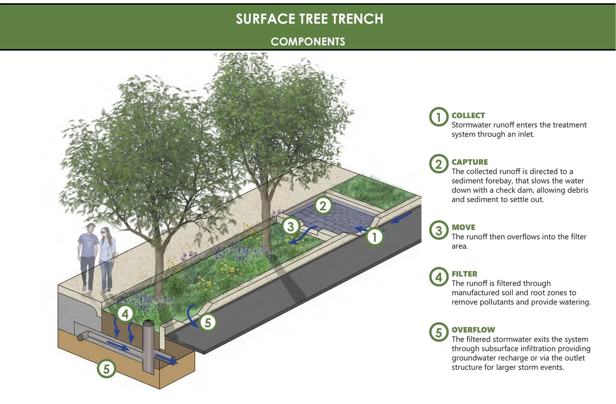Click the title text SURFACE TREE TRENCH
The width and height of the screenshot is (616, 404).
309,19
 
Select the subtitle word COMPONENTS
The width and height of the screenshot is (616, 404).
308,41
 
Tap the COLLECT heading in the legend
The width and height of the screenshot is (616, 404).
468,115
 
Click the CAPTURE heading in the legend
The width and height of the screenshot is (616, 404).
470,162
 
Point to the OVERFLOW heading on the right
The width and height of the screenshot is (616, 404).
473,330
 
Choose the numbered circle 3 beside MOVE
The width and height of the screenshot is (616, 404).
439,231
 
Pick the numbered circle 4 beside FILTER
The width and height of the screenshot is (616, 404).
439,277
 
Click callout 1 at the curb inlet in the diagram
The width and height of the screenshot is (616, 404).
374,236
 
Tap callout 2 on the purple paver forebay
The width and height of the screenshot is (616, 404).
323,205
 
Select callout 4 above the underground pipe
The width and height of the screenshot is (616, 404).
125,314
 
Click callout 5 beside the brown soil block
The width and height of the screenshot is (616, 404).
106,368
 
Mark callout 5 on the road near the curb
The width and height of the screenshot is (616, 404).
207,322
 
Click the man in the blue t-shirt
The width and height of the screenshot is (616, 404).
87,256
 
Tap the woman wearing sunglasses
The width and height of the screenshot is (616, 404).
107,258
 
